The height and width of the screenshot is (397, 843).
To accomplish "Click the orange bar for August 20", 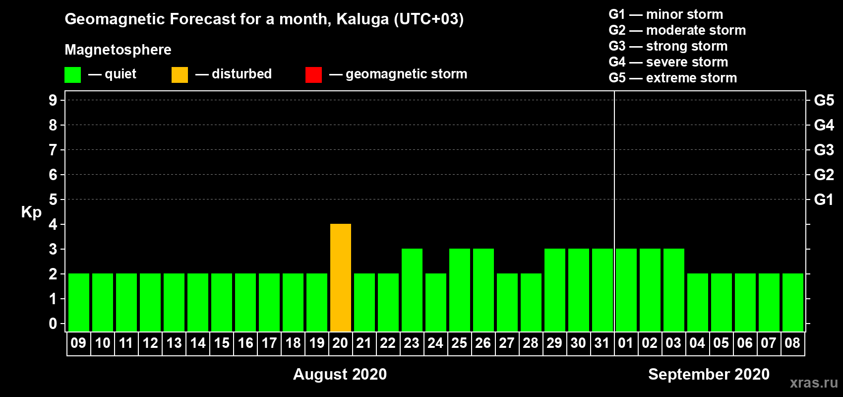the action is [x=341, y=277].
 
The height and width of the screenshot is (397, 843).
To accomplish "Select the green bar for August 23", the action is [x=412, y=290].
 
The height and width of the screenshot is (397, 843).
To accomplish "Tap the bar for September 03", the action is [x=673, y=290].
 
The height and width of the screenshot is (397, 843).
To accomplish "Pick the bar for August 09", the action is [x=79, y=302].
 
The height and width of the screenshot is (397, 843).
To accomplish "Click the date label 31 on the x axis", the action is [x=602, y=343].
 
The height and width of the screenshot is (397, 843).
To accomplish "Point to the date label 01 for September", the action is [x=625, y=343].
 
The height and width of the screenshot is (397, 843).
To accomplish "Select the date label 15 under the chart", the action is [x=222, y=343].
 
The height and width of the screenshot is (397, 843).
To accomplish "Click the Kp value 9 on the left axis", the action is [x=53, y=100].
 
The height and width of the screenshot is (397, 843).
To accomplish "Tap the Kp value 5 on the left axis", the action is [x=53, y=199].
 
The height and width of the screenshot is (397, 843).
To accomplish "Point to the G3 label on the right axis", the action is [x=824, y=150].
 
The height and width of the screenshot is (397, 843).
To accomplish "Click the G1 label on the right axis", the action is [x=824, y=199].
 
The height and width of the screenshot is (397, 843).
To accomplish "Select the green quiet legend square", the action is [x=72, y=74].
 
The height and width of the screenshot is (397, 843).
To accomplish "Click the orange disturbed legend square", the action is [x=180, y=74].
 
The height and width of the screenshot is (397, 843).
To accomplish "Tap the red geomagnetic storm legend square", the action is [x=314, y=74].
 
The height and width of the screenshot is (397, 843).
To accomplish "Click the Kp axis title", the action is [x=31, y=212].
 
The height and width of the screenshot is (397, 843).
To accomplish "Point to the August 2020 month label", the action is [x=340, y=374].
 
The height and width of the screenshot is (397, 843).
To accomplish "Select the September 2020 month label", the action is [x=709, y=374].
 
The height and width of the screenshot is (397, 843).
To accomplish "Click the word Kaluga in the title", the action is [x=362, y=19].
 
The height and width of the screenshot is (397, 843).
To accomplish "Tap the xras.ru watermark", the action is [x=814, y=383].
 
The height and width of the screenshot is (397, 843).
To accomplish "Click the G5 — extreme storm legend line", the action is [x=672, y=78].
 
